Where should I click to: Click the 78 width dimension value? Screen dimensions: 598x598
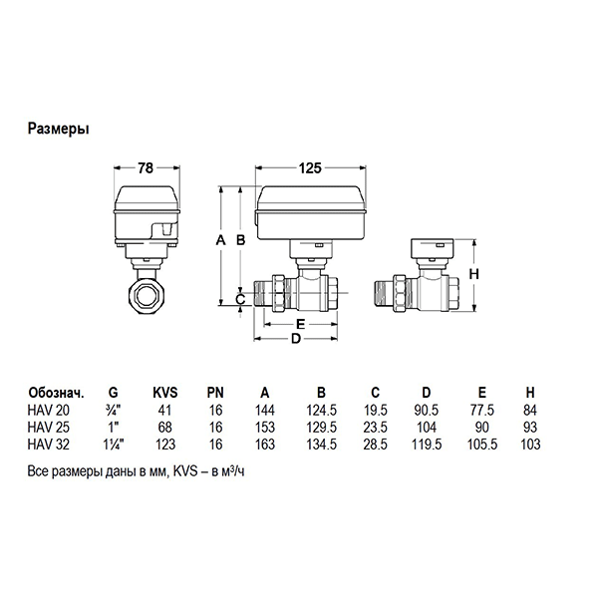coord(145,169)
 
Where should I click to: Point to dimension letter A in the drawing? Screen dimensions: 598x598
coord(219,240)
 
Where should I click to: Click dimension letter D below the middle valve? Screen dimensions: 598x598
coord(295,338)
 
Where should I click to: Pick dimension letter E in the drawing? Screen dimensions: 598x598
coord(300,325)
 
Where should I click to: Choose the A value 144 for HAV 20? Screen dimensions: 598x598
coord(264,409)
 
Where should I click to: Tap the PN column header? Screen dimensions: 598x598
coord(214,393)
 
